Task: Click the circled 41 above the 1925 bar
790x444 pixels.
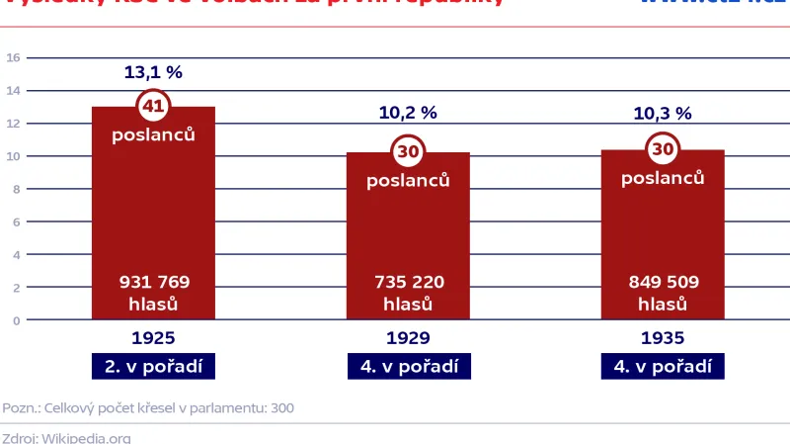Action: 154,105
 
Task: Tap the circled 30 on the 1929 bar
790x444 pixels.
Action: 408,151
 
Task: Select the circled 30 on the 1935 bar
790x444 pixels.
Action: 663,149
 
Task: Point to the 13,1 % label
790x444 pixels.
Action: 153,72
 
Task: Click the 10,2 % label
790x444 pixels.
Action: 408,113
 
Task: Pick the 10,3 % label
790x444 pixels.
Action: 663,113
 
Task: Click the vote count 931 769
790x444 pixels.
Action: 154,283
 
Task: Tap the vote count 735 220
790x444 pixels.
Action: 408,283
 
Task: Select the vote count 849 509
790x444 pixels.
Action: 663,283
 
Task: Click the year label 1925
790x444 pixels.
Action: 153,338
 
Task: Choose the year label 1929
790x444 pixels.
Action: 408,338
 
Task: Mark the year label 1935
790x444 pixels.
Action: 663,338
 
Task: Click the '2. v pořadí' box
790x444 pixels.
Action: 153,366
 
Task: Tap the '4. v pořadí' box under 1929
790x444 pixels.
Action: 408,366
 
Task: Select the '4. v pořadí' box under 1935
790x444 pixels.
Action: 663,366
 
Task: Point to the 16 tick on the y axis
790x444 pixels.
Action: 14,57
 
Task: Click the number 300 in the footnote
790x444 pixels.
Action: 281,408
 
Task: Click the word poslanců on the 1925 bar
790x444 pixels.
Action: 153,134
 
